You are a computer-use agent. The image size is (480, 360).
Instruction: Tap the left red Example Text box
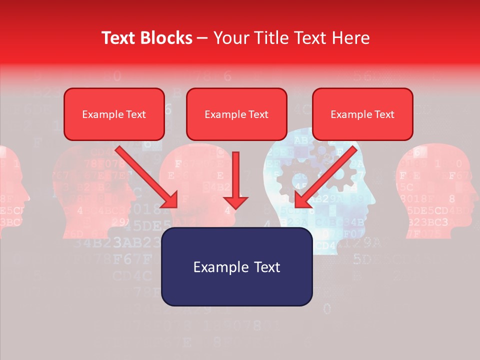(x=114, y=114)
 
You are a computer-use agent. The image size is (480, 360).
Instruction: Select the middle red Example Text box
(x=236, y=114)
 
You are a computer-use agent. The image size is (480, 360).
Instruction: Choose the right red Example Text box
(x=362, y=114)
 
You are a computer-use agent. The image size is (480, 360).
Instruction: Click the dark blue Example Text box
(x=236, y=266)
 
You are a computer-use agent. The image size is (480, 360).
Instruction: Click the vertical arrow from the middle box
(x=236, y=175)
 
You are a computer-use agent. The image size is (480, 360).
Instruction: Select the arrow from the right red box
(x=327, y=175)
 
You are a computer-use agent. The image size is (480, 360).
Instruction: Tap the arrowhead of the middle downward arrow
(x=236, y=202)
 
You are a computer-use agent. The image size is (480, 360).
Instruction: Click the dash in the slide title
(x=202, y=38)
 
